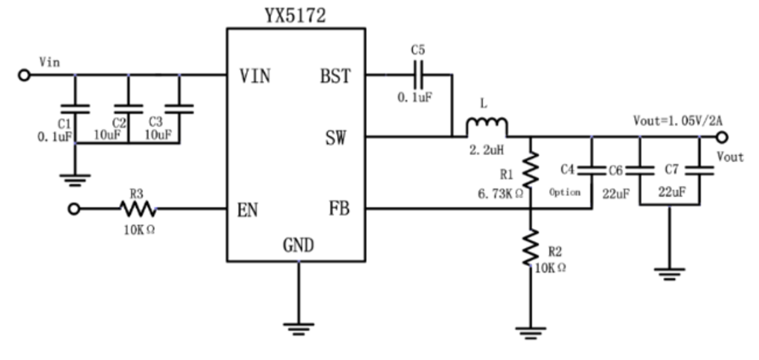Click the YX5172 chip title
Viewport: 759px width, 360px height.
(x=296, y=15)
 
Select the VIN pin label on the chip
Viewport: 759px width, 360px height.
(x=255, y=76)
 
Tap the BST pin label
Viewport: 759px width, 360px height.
(x=335, y=76)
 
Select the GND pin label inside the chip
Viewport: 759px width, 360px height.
(x=298, y=245)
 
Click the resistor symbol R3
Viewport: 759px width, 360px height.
(x=136, y=209)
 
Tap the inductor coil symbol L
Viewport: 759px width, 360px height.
(x=487, y=127)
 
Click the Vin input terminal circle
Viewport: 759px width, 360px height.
(x=24, y=76)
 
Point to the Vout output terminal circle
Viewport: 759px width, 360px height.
(x=723, y=137)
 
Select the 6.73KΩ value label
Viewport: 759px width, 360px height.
(x=501, y=193)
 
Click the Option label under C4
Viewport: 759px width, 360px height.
(x=565, y=192)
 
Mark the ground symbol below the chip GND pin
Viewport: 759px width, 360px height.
(x=298, y=328)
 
